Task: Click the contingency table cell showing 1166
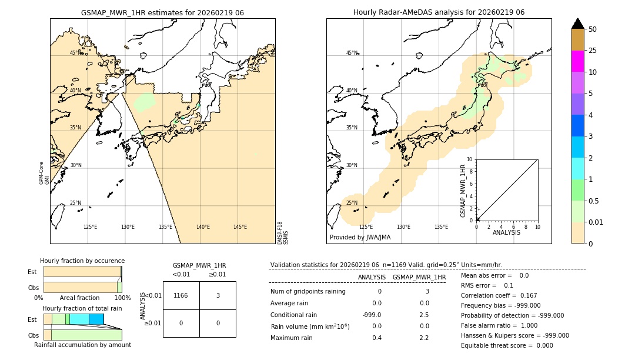tap(181, 295)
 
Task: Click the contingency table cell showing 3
tap(218, 295)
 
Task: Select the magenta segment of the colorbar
tap(578, 61)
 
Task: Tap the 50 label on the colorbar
tap(593, 29)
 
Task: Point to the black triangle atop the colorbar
tap(578, 24)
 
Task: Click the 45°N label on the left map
tap(75, 53)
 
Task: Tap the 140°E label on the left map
tap(203, 227)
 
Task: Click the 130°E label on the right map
tap(403, 227)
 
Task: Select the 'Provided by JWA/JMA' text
tap(360, 237)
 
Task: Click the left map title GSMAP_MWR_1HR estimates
tap(162, 12)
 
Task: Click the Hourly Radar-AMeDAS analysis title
tap(439, 12)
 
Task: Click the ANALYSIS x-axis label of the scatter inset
tap(506, 232)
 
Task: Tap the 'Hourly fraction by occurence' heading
tap(82, 261)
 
